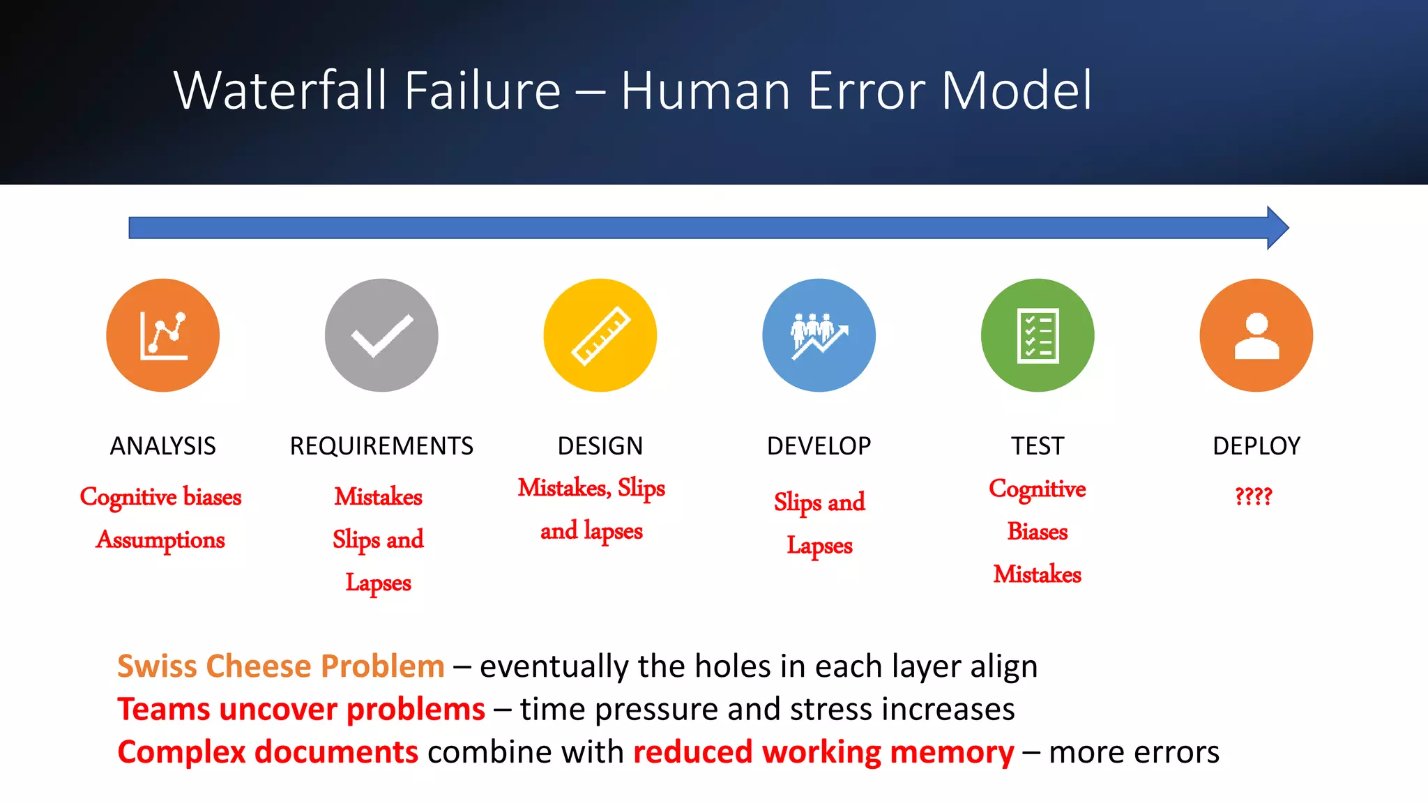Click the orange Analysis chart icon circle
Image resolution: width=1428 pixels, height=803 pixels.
(x=162, y=335)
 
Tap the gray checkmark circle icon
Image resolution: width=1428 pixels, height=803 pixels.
(x=381, y=335)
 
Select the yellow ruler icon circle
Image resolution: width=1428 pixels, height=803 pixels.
(x=600, y=335)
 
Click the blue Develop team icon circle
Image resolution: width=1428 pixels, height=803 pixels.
(x=819, y=335)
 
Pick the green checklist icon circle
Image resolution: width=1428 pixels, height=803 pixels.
(x=1038, y=335)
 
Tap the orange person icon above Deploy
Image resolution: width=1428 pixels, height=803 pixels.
(x=1256, y=335)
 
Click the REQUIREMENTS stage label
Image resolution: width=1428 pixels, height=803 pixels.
(x=381, y=446)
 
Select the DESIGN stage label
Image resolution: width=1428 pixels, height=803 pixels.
(x=600, y=446)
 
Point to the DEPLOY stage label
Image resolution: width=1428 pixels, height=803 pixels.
(x=1256, y=446)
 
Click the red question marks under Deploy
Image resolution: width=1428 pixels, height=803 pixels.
(x=1253, y=496)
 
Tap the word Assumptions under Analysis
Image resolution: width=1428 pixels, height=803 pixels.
(x=160, y=540)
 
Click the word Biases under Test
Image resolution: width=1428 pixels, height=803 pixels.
(x=1037, y=532)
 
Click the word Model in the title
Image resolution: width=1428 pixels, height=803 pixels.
(x=1017, y=91)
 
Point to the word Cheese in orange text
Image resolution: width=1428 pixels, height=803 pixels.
(x=257, y=666)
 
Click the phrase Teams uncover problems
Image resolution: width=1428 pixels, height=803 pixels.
(x=301, y=710)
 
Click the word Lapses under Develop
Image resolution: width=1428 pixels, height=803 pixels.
(x=819, y=546)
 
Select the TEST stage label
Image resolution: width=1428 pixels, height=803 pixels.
(x=1038, y=446)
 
